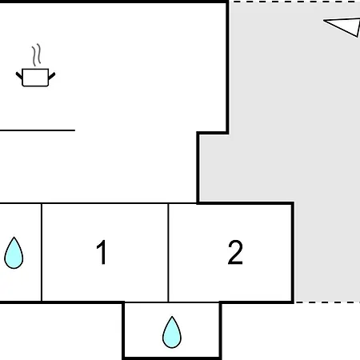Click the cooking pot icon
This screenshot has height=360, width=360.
click(35, 78)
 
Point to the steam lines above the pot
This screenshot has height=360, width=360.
click(37, 55)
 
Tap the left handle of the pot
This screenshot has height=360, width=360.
click(19, 75)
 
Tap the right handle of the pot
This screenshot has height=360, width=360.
click(52, 76)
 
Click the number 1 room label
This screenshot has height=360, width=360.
click(102, 252)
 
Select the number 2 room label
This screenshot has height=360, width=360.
click(235, 252)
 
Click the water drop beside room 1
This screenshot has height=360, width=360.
click(14, 253)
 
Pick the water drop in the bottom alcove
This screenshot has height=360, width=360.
click(172, 332)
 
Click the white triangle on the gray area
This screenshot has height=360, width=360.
click(342, 26)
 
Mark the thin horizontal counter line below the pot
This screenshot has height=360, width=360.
click(38, 130)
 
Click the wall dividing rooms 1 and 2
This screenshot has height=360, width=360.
click(168, 253)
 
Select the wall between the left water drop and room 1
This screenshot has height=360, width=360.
click(42, 253)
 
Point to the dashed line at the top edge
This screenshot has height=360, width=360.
click(294, 2)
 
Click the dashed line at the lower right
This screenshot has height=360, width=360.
click(327, 302)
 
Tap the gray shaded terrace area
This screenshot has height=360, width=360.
click(280, 106)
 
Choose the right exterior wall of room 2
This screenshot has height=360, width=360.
click(293, 253)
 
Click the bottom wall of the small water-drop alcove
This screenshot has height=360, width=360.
click(172, 358)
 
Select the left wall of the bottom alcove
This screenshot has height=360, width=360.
click(123, 330)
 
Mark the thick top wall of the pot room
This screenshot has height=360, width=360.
click(114, 2)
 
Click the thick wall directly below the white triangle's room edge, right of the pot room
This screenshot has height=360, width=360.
click(227, 66)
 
